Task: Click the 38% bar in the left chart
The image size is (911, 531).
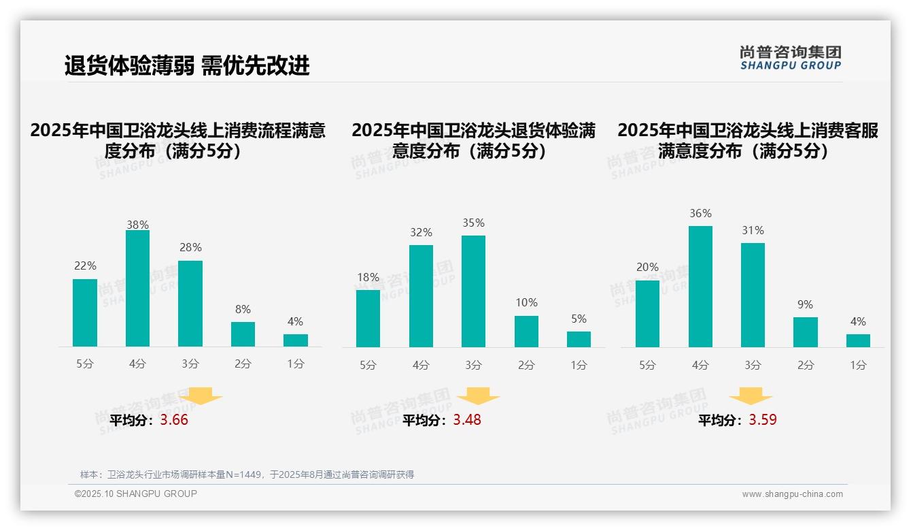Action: click(137, 289)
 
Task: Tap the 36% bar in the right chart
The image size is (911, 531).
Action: click(700, 287)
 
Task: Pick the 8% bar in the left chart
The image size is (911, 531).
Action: click(243, 334)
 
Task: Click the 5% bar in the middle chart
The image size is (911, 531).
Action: click(579, 339)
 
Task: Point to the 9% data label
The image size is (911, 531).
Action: click(805, 305)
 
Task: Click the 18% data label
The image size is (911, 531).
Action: click(368, 277)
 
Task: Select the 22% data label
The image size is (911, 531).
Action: click(85, 266)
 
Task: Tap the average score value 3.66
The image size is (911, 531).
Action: click(174, 420)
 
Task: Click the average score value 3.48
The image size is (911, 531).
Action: click(467, 420)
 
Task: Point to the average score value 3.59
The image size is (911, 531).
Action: click(763, 420)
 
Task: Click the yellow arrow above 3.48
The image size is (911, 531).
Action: click(478, 396)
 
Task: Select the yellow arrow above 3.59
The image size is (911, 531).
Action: click(751, 396)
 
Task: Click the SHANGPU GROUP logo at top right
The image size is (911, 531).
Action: click(790, 58)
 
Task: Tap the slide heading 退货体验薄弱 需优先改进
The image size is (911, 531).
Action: click(187, 65)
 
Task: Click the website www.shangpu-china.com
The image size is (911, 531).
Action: click(792, 494)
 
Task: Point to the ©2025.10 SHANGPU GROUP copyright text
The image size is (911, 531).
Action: click(136, 494)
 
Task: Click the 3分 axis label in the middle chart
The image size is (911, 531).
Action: click(473, 365)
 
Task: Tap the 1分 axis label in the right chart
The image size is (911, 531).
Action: click(858, 365)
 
